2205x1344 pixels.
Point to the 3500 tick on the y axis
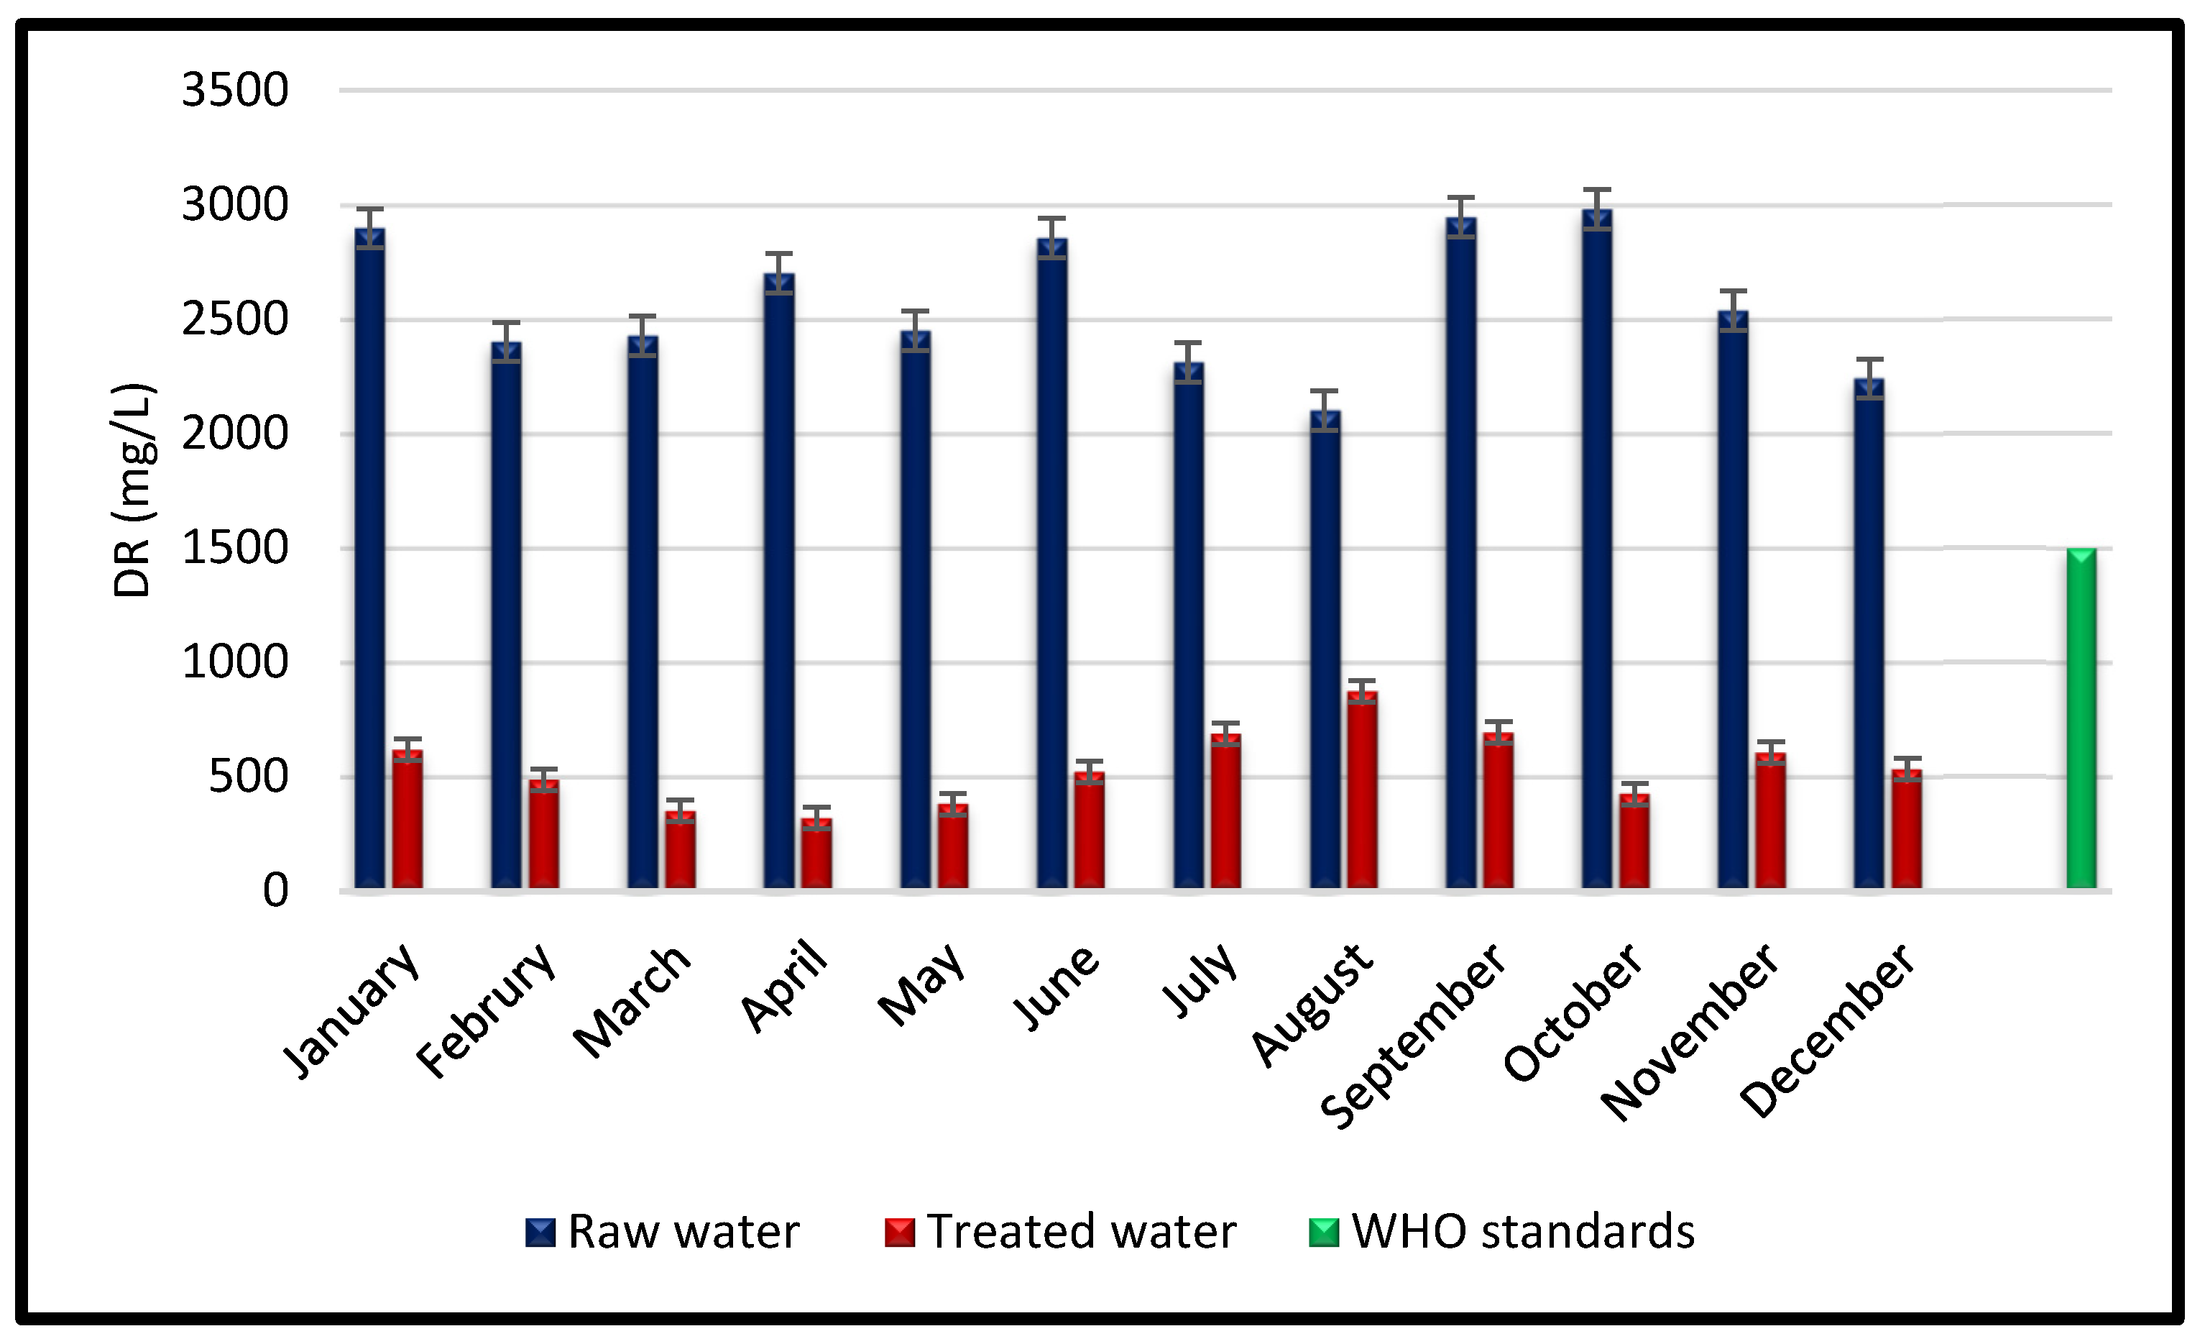coord(234,91)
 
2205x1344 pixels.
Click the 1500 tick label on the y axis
coord(234,548)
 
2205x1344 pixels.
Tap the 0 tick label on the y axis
coord(275,892)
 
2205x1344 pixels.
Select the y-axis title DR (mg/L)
coord(134,490)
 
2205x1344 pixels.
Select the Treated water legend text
coord(1081,1232)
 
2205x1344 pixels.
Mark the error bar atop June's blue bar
coord(1051,237)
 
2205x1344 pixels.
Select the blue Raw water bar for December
coord(1869,635)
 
